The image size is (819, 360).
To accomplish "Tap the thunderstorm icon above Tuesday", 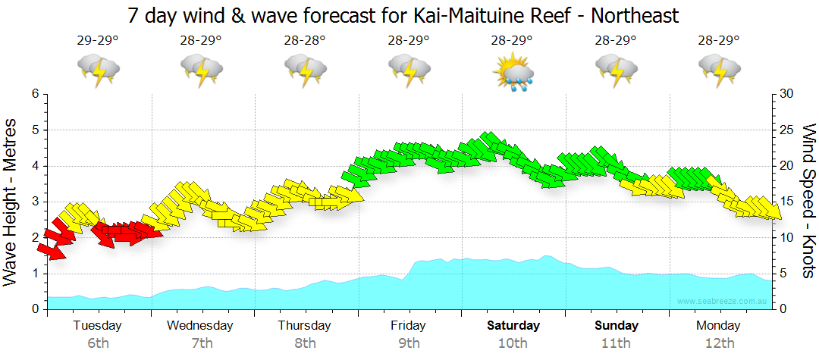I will (98, 70).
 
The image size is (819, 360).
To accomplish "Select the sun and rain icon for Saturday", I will (513, 73).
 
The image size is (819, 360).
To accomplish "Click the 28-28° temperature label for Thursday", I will (305, 40).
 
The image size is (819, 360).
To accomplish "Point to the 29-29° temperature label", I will (98, 40).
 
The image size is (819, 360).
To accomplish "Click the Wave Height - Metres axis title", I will (11, 201).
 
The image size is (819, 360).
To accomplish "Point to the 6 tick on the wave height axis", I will (34, 94).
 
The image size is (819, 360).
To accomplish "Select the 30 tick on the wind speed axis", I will (787, 94).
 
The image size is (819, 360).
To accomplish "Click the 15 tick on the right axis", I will (786, 202).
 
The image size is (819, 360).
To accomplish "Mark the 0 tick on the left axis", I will (34, 309).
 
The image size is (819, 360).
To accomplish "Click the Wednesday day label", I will (201, 326).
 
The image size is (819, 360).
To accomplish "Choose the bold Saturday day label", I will (513, 326).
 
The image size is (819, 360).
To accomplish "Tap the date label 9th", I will (409, 343).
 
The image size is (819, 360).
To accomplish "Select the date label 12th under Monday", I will (720, 343).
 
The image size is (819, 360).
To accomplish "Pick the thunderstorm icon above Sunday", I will (616, 70).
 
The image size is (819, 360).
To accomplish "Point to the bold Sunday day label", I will (616, 326).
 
